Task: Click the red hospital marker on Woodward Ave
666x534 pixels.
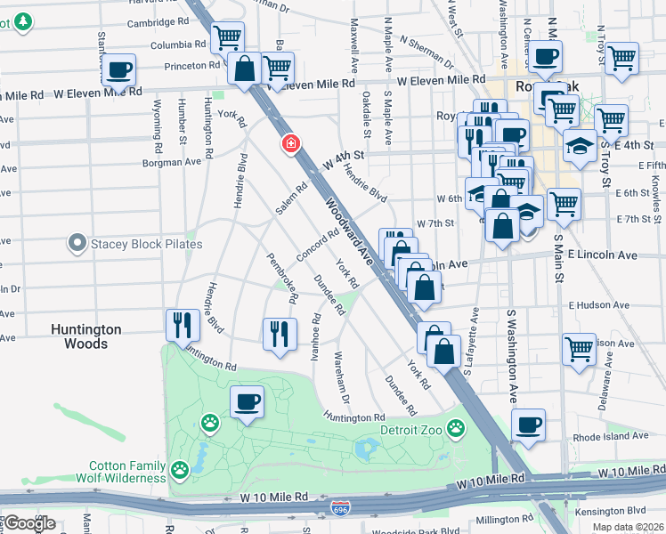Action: (x=290, y=143)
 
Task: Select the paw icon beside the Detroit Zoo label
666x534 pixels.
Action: (x=456, y=428)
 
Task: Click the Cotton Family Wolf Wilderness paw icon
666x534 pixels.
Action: (x=181, y=468)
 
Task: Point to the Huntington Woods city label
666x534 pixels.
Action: (x=85, y=336)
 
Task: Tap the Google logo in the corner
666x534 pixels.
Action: (x=28, y=523)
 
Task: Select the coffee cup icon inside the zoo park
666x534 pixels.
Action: (x=247, y=401)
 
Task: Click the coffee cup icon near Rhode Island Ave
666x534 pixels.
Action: (x=529, y=425)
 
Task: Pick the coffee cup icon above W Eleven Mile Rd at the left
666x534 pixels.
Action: (x=118, y=69)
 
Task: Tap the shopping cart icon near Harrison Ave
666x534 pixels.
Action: (x=579, y=347)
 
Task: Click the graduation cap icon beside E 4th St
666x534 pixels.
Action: (x=581, y=144)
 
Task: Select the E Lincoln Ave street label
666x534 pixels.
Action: (x=602, y=255)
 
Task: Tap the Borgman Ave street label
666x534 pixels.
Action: (x=171, y=163)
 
